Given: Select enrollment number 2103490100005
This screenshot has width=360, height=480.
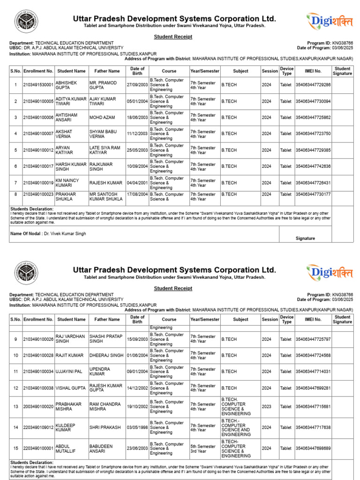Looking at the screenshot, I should tap(38, 101).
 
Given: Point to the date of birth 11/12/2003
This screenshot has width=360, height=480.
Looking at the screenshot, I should tap(137, 134).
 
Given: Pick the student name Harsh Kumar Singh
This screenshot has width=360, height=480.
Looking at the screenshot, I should tap(71, 166).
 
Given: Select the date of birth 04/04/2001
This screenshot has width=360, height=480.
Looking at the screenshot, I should tap(137, 182).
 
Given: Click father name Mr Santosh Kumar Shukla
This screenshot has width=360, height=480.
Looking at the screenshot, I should tap(106, 196).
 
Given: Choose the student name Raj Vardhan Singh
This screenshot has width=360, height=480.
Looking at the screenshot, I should tap(70, 339).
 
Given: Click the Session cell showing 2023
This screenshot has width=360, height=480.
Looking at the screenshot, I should tap(270, 407).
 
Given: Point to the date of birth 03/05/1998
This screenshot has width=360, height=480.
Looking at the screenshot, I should tap(137, 427).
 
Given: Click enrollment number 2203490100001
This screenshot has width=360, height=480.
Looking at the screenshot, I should tap(38, 448).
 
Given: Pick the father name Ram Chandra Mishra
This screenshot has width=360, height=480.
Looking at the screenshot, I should tap(105, 406).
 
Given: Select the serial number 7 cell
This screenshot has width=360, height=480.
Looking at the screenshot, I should tap(15, 182).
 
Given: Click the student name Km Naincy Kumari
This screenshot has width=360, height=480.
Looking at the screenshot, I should tap(67, 182).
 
